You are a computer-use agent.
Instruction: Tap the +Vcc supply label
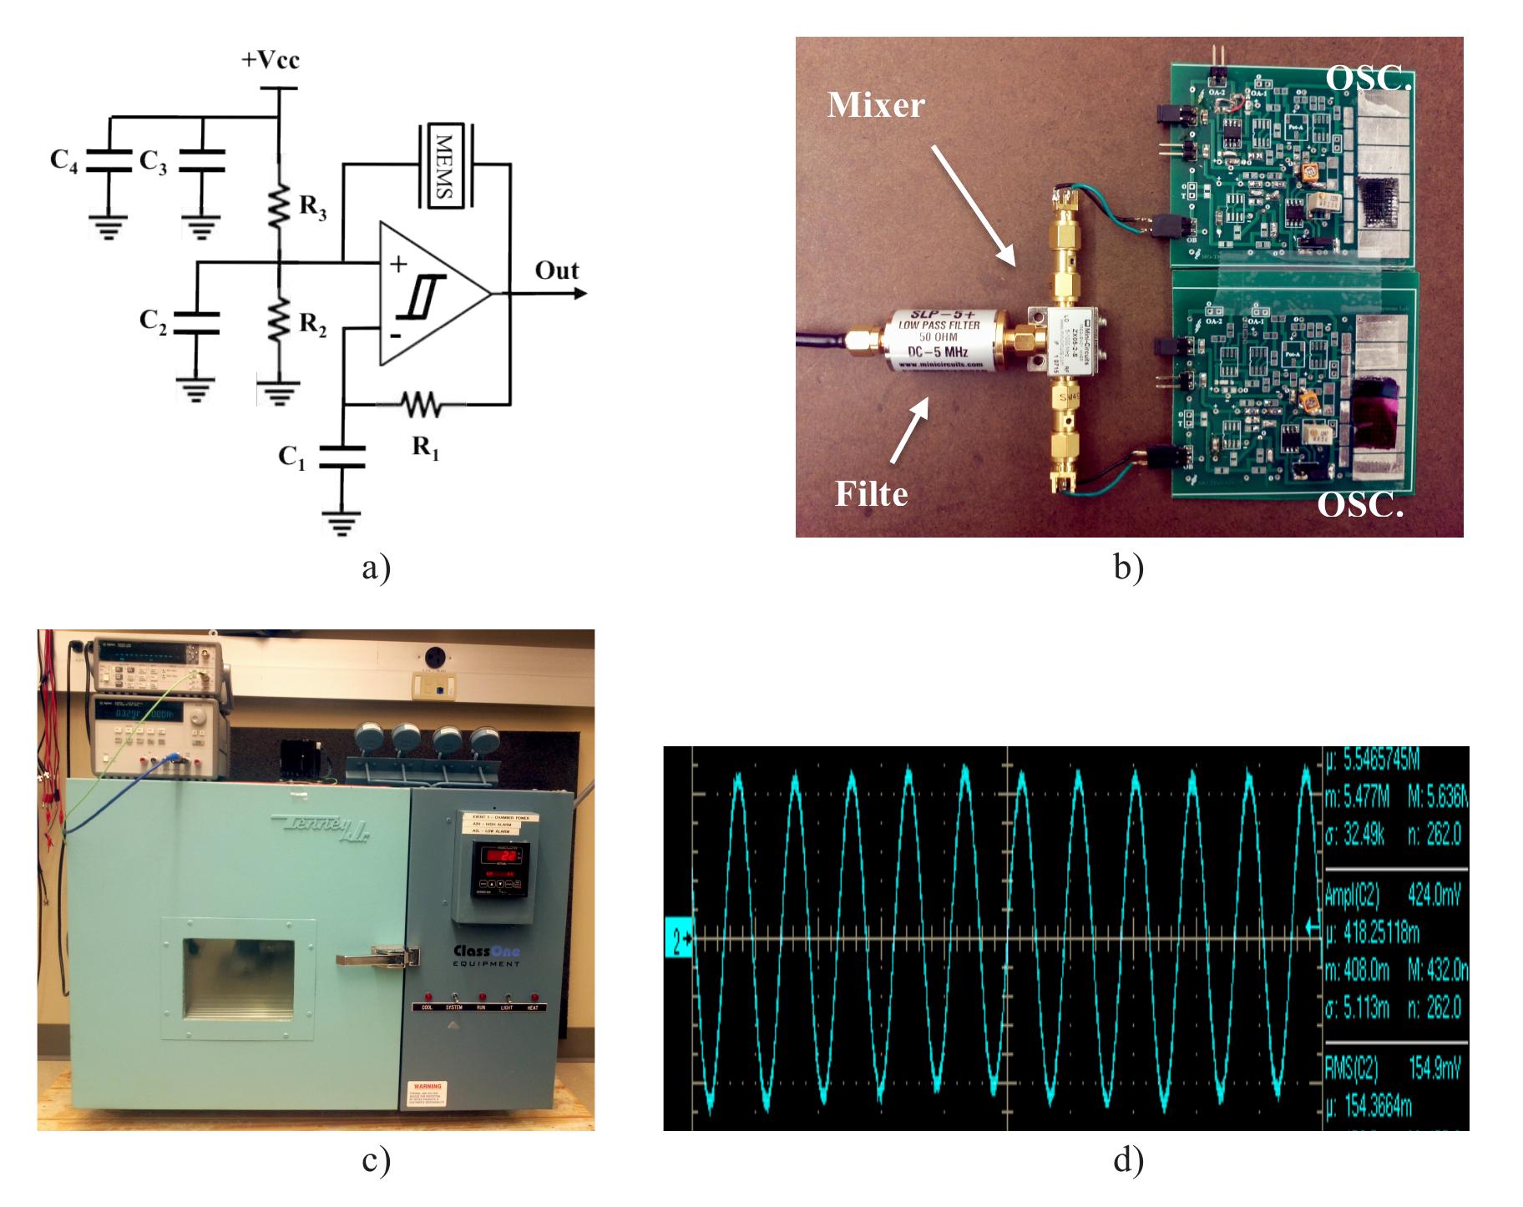(x=270, y=60)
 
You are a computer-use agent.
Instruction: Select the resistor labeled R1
(x=422, y=405)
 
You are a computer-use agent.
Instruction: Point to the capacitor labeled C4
(x=109, y=160)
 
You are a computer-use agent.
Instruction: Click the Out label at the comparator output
(x=557, y=270)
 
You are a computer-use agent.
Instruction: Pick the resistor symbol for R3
(x=279, y=205)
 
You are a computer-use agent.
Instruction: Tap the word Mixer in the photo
(x=876, y=105)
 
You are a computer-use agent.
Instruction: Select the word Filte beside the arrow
(x=871, y=494)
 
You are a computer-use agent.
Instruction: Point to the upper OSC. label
(x=1369, y=78)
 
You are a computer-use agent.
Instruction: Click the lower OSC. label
(x=1360, y=504)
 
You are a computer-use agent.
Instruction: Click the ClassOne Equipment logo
(x=487, y=955)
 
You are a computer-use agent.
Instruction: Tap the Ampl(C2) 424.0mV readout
(x=1392, y=896)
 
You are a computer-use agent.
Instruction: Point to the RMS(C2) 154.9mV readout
(x=1392, y=1068)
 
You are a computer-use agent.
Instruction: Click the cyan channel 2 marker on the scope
(x=678, y=941)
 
